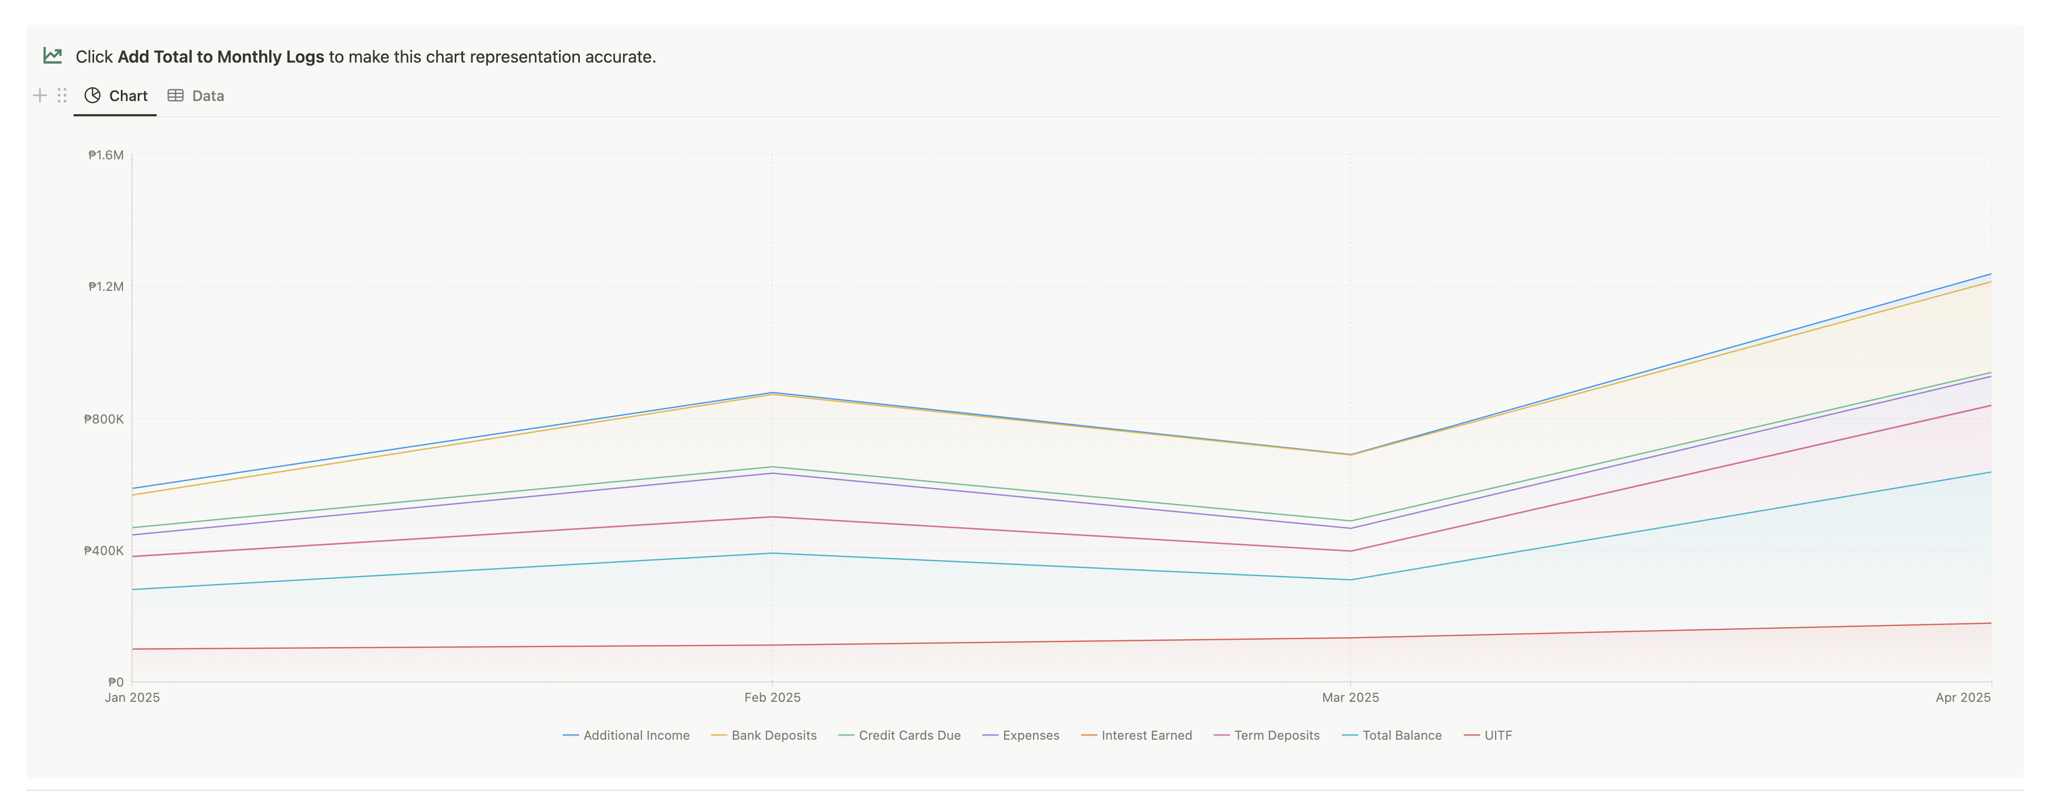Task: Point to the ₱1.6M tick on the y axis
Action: [x=106, y=155]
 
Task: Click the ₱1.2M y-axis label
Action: [x=106, y=286]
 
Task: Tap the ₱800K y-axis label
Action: [x=104, y=419]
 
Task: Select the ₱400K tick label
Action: [x=104, y=550]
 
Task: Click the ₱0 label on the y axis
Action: [x=116, y=682]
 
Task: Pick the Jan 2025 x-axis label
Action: [x=132, y=698]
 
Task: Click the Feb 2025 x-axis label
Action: [x=772, y=698]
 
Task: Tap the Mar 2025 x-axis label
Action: [x=1350, y=698]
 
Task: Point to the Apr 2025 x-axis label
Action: [x=1962, y=698]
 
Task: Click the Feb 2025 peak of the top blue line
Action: [x=772, y=393]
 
